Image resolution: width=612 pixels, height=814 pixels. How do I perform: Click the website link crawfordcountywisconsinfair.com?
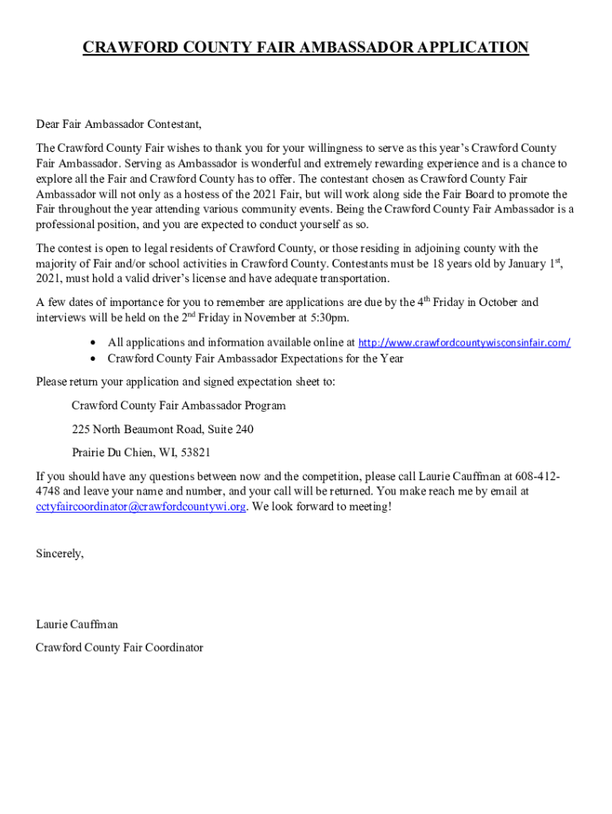click(464, 343)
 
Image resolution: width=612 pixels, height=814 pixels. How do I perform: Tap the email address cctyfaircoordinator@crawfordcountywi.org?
click(141, 507)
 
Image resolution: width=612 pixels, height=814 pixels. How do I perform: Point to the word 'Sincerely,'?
click(60, 553)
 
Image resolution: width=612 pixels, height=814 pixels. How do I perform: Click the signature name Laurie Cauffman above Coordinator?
click(77, 625)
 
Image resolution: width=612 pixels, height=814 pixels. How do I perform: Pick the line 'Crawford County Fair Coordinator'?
click(119, 648)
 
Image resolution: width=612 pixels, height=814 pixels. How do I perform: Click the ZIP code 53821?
click(195, 453)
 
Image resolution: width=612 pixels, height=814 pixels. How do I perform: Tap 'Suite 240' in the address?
click(230, 429)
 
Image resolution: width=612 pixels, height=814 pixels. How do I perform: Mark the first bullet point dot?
click(95, 343)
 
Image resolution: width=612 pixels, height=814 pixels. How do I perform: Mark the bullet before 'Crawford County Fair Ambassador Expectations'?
click(95, 359)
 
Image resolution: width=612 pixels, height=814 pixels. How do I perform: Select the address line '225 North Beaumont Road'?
click(136, 429)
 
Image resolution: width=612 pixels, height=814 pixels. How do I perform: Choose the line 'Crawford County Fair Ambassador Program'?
click(178, 405)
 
